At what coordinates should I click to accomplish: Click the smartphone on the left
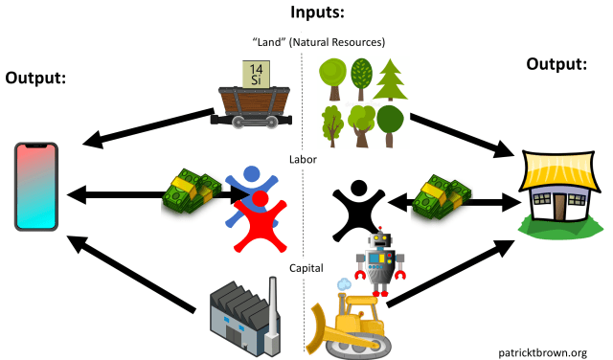point(36,186)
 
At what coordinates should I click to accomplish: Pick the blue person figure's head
point(251,175)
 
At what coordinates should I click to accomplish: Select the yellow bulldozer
point(348,320)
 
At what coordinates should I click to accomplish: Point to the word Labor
point(303,159)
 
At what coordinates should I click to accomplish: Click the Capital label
point(307,268)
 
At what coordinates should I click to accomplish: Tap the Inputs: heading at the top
point(306,13)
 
